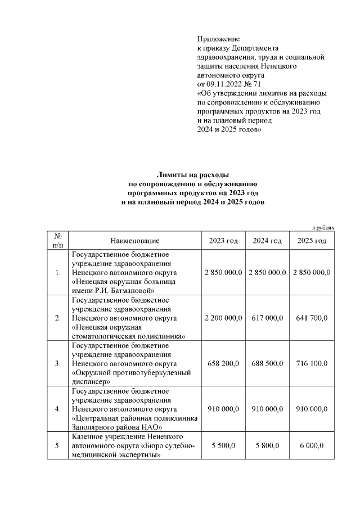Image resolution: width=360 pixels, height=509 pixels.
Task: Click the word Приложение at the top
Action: tap(218, 39)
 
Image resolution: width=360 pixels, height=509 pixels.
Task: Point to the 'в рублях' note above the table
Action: tap(323, 227)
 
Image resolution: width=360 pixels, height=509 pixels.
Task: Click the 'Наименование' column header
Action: tap(135, 241)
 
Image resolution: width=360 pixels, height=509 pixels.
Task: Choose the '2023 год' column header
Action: tap(223, 241)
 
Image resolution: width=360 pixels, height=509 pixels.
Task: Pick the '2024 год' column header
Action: tap(267, 241)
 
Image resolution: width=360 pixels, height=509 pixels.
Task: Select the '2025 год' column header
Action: tap(312, 241)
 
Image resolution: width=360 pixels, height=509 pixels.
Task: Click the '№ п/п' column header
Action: tap(58, 241)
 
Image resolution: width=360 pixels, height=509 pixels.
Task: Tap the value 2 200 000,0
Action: tap(223, 318)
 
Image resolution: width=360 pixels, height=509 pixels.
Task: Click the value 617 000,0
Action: tap(267, 318)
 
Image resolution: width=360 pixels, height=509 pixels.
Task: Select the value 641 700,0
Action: tap(312, 318)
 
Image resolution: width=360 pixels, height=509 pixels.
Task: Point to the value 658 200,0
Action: tap(223, 363)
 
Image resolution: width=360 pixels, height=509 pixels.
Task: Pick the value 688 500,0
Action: tap(267, 363)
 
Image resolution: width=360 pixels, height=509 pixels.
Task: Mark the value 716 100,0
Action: tap(312, 363)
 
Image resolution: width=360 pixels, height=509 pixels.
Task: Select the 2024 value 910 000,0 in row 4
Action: tap(267, 409)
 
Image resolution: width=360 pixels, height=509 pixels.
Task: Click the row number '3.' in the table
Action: tap(58, 363)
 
